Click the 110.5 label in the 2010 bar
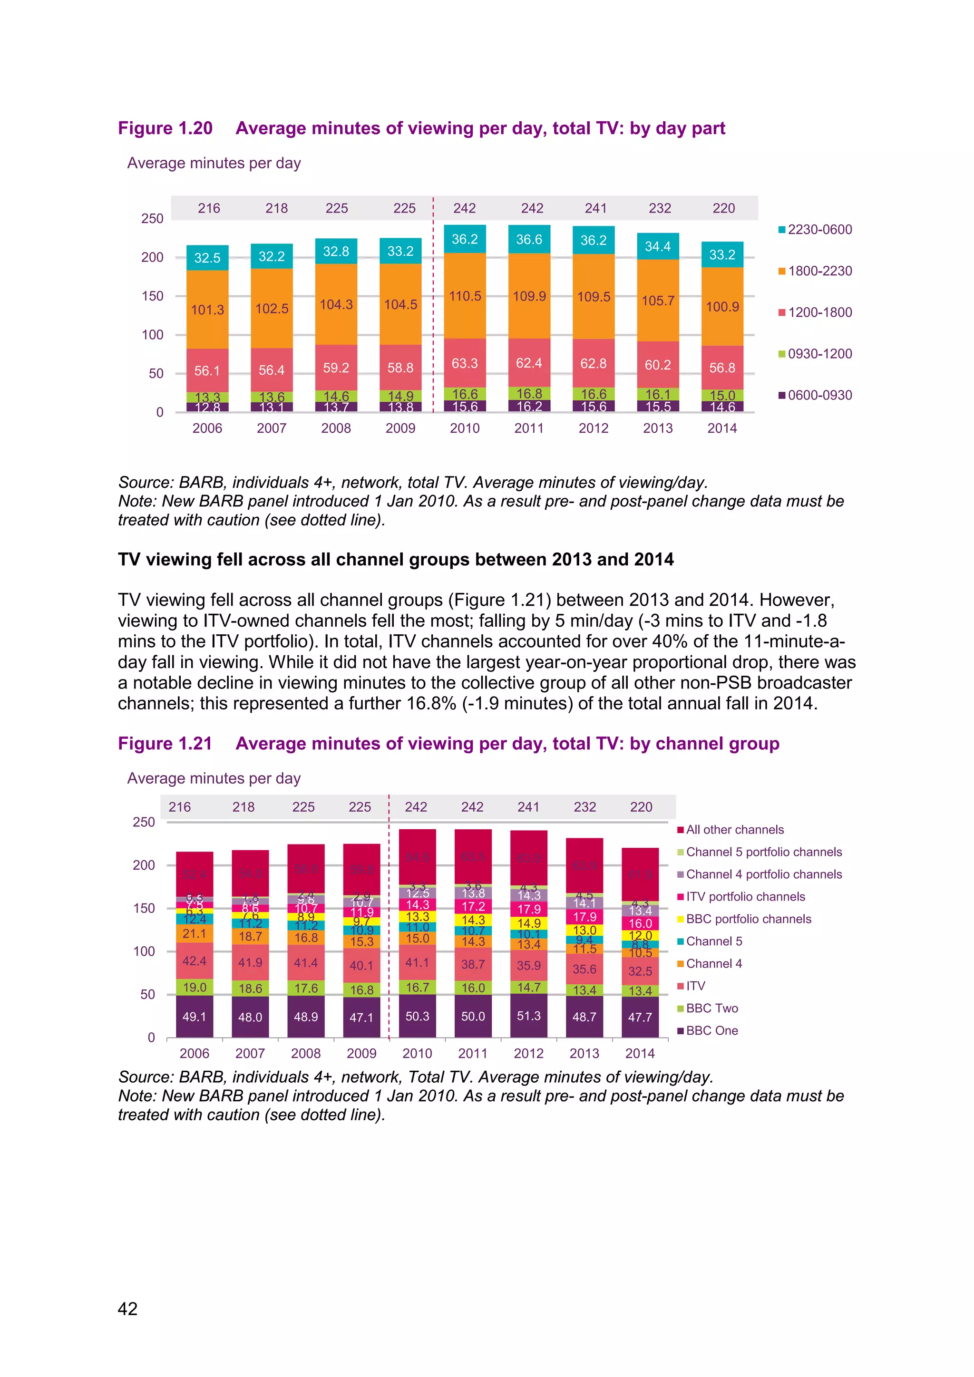click(x=466, y=296)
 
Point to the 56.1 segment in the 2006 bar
click(x=207, y=370)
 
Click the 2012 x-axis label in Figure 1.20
click(x=593, y=428)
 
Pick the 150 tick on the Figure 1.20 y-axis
click(x=152, y=296)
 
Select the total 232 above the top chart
click(x=660, y=208)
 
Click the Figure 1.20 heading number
click(x=165, y=128)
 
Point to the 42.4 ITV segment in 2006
click(x=195, y=961)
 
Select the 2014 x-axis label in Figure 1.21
click(x=640, y=1053)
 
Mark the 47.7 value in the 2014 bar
click(x=640, y=1017)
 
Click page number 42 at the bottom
click(x=128, y=1309)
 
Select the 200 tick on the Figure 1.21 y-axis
click(x=144, y=865)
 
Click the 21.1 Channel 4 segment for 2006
click(x=195, y=934)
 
